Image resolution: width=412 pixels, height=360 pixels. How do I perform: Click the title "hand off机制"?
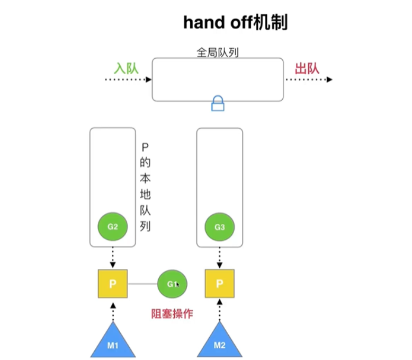click(x=235, y=22)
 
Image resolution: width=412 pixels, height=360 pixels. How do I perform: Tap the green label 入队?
click(x=125, y=68)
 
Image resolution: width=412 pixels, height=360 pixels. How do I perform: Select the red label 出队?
click(x=307, y=68)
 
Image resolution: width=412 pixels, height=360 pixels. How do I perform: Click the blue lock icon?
click(x=218, y=103)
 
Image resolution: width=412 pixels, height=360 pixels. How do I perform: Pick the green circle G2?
click(x=112, y=227)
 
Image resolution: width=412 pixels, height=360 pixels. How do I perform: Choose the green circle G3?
click(x=220, y=227)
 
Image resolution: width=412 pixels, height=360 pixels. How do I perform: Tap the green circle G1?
click(x=172, y=284)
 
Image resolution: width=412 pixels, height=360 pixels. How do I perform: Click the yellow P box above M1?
click(x=112, y=284)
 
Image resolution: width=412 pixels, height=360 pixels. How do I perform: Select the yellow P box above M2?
click(x=220, y=284)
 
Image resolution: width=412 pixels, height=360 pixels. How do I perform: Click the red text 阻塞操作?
click(x=172, y=314)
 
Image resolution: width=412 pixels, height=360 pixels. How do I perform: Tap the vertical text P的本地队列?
click(x=146, y=187)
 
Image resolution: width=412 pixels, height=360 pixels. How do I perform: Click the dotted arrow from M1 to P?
click(x=112, y=313)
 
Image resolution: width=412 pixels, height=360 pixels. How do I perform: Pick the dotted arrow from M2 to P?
click(x=220, y=313)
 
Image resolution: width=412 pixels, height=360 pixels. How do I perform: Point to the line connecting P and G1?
click(x=142, y=284)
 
